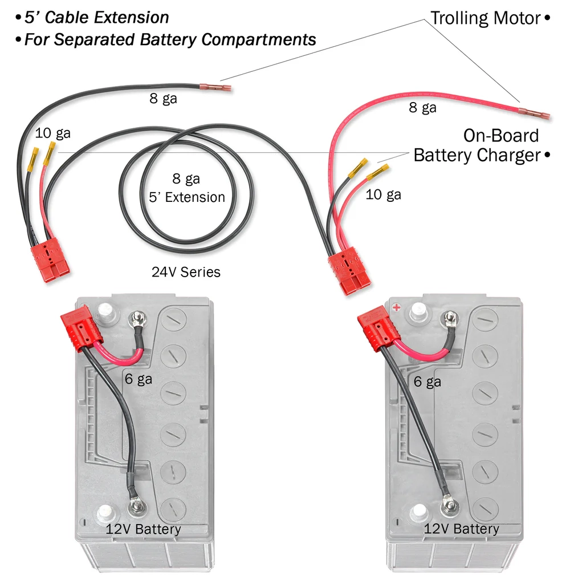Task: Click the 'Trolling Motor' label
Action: (484, 18)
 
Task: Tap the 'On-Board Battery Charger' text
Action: (476, 145)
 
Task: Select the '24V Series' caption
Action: (186, 272)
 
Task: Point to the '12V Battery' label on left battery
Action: (143, 529)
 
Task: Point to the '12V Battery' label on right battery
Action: (461, 529)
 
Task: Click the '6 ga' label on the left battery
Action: (138, 379)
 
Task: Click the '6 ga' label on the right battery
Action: (427, 381)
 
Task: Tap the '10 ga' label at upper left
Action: (52, 133)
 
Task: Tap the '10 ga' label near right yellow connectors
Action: (383, 195)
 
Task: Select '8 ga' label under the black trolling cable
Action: (163, 99)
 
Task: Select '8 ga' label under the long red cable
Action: (422, 107)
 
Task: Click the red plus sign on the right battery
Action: (396, 307)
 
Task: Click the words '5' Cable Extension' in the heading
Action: (96, 18)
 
